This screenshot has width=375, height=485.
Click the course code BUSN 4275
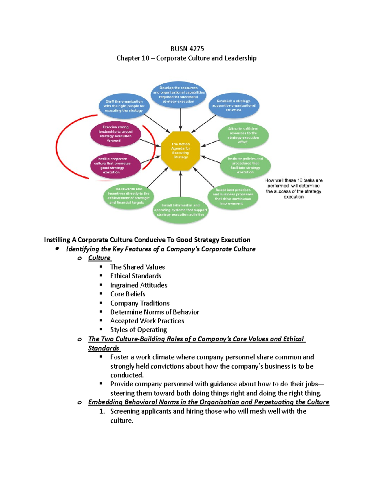click(187, 49)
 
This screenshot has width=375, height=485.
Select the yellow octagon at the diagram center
click(180, 151)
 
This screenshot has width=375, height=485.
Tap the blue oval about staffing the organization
click(124, 106)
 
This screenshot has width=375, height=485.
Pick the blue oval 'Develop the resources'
click(179, 95)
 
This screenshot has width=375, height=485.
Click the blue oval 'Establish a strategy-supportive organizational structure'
click(234, 106)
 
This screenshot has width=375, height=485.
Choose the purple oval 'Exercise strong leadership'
click(115, 134)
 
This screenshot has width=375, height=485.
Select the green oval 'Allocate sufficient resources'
click(243, 135)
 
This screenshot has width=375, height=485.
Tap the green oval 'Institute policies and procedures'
click(245, 166)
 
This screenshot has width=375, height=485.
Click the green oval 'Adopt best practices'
click(233, 196)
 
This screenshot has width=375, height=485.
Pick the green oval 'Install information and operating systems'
click(180, 210)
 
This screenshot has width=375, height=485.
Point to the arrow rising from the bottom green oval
click(180, 184)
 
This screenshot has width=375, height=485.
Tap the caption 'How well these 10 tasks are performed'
click(293, 188)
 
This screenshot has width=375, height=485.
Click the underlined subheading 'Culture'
click(99, 258)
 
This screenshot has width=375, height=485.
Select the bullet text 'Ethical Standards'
click(136, 276)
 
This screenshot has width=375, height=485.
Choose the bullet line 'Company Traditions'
click(140, 303)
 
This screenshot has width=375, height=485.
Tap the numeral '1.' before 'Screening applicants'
click(102, 411)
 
